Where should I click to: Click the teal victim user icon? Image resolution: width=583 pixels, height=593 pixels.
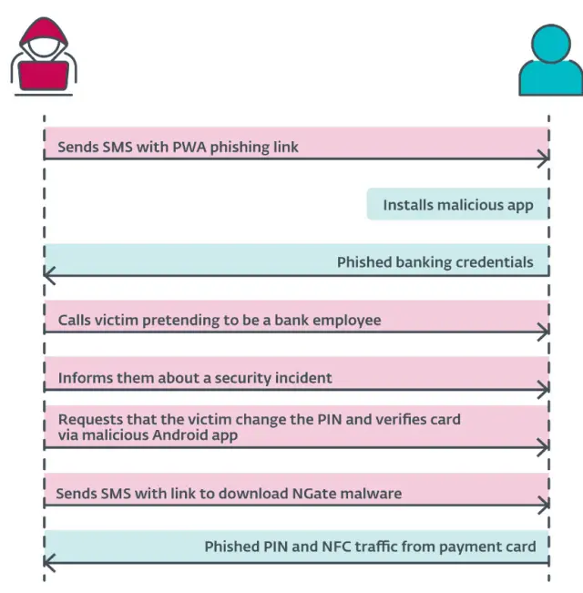tap(548, 59)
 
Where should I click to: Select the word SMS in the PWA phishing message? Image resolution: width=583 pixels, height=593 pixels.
tap(119, 147)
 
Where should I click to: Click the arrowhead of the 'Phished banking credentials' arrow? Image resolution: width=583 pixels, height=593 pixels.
tap(49, 274)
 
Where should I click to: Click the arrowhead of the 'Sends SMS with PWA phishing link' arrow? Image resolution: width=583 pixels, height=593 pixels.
tap(544, 158)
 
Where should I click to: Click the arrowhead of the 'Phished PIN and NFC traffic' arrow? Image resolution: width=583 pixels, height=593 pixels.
tap(49, 563)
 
